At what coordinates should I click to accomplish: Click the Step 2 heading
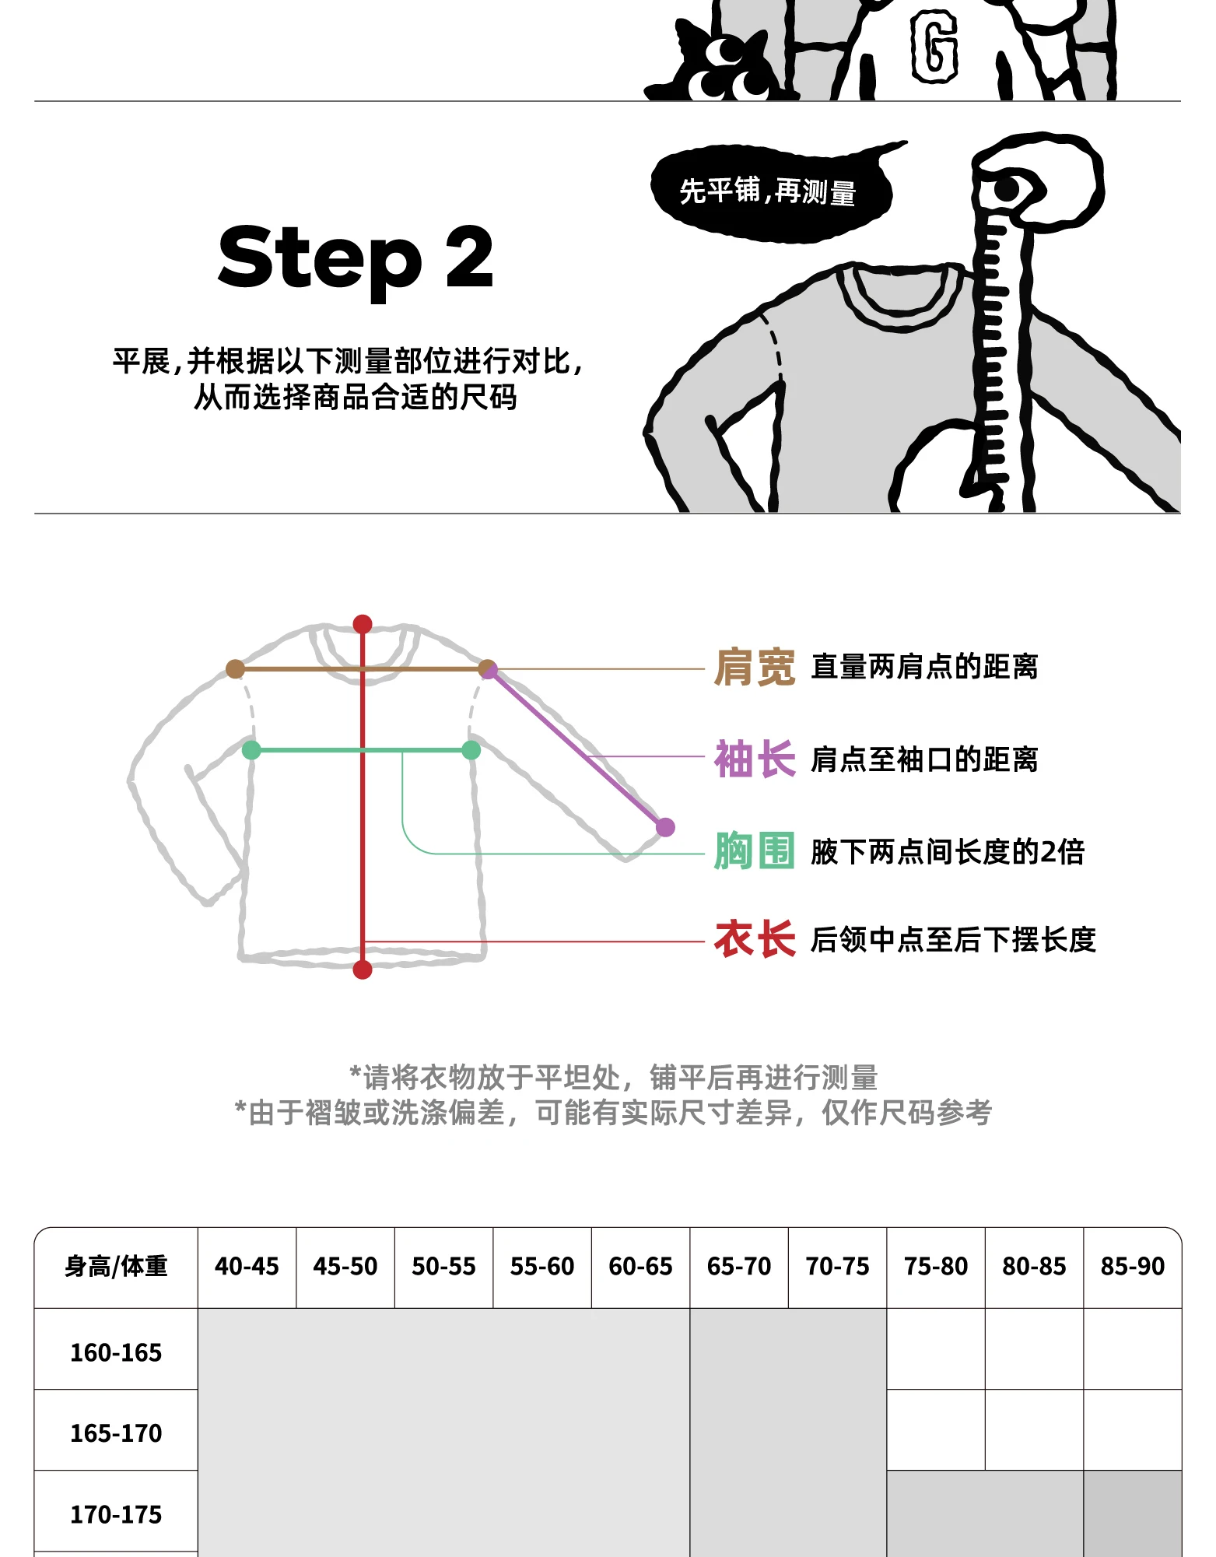click(x=356, y=257)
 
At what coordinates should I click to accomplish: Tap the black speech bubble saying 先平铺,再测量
click(x=768, y=191)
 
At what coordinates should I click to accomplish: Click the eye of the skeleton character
click(x=1007, y=189)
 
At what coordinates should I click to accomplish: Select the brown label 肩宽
click(x=754, y=668)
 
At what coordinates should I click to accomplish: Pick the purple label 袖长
click(x=754, y=759)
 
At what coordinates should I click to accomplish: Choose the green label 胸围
click(x=754, y=850)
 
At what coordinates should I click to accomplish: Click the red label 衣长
click(x=754, y=939)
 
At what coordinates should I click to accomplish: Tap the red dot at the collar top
click(x=363, y=624)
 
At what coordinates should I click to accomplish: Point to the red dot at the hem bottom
click(x=363, y=970)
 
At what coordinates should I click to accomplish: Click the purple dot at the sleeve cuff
click(x=665, y=827)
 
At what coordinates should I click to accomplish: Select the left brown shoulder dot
click(x=235, y=668)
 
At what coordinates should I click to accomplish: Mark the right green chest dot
click(x=471, y=750)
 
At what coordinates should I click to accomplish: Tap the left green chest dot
click(x=251, y=750)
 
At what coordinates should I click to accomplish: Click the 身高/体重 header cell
click(x=116, y=1267)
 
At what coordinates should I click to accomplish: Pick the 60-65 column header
click(x=640, y=1267)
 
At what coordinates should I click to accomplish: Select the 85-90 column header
click(x=1132, y=1267)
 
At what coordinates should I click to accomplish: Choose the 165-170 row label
click(x=116, y=1433)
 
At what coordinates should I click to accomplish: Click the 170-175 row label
click(x=116, y=1514)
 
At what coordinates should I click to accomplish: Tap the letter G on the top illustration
click(x=934, y=47)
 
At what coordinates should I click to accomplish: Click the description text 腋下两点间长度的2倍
click(x=947, y=852)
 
